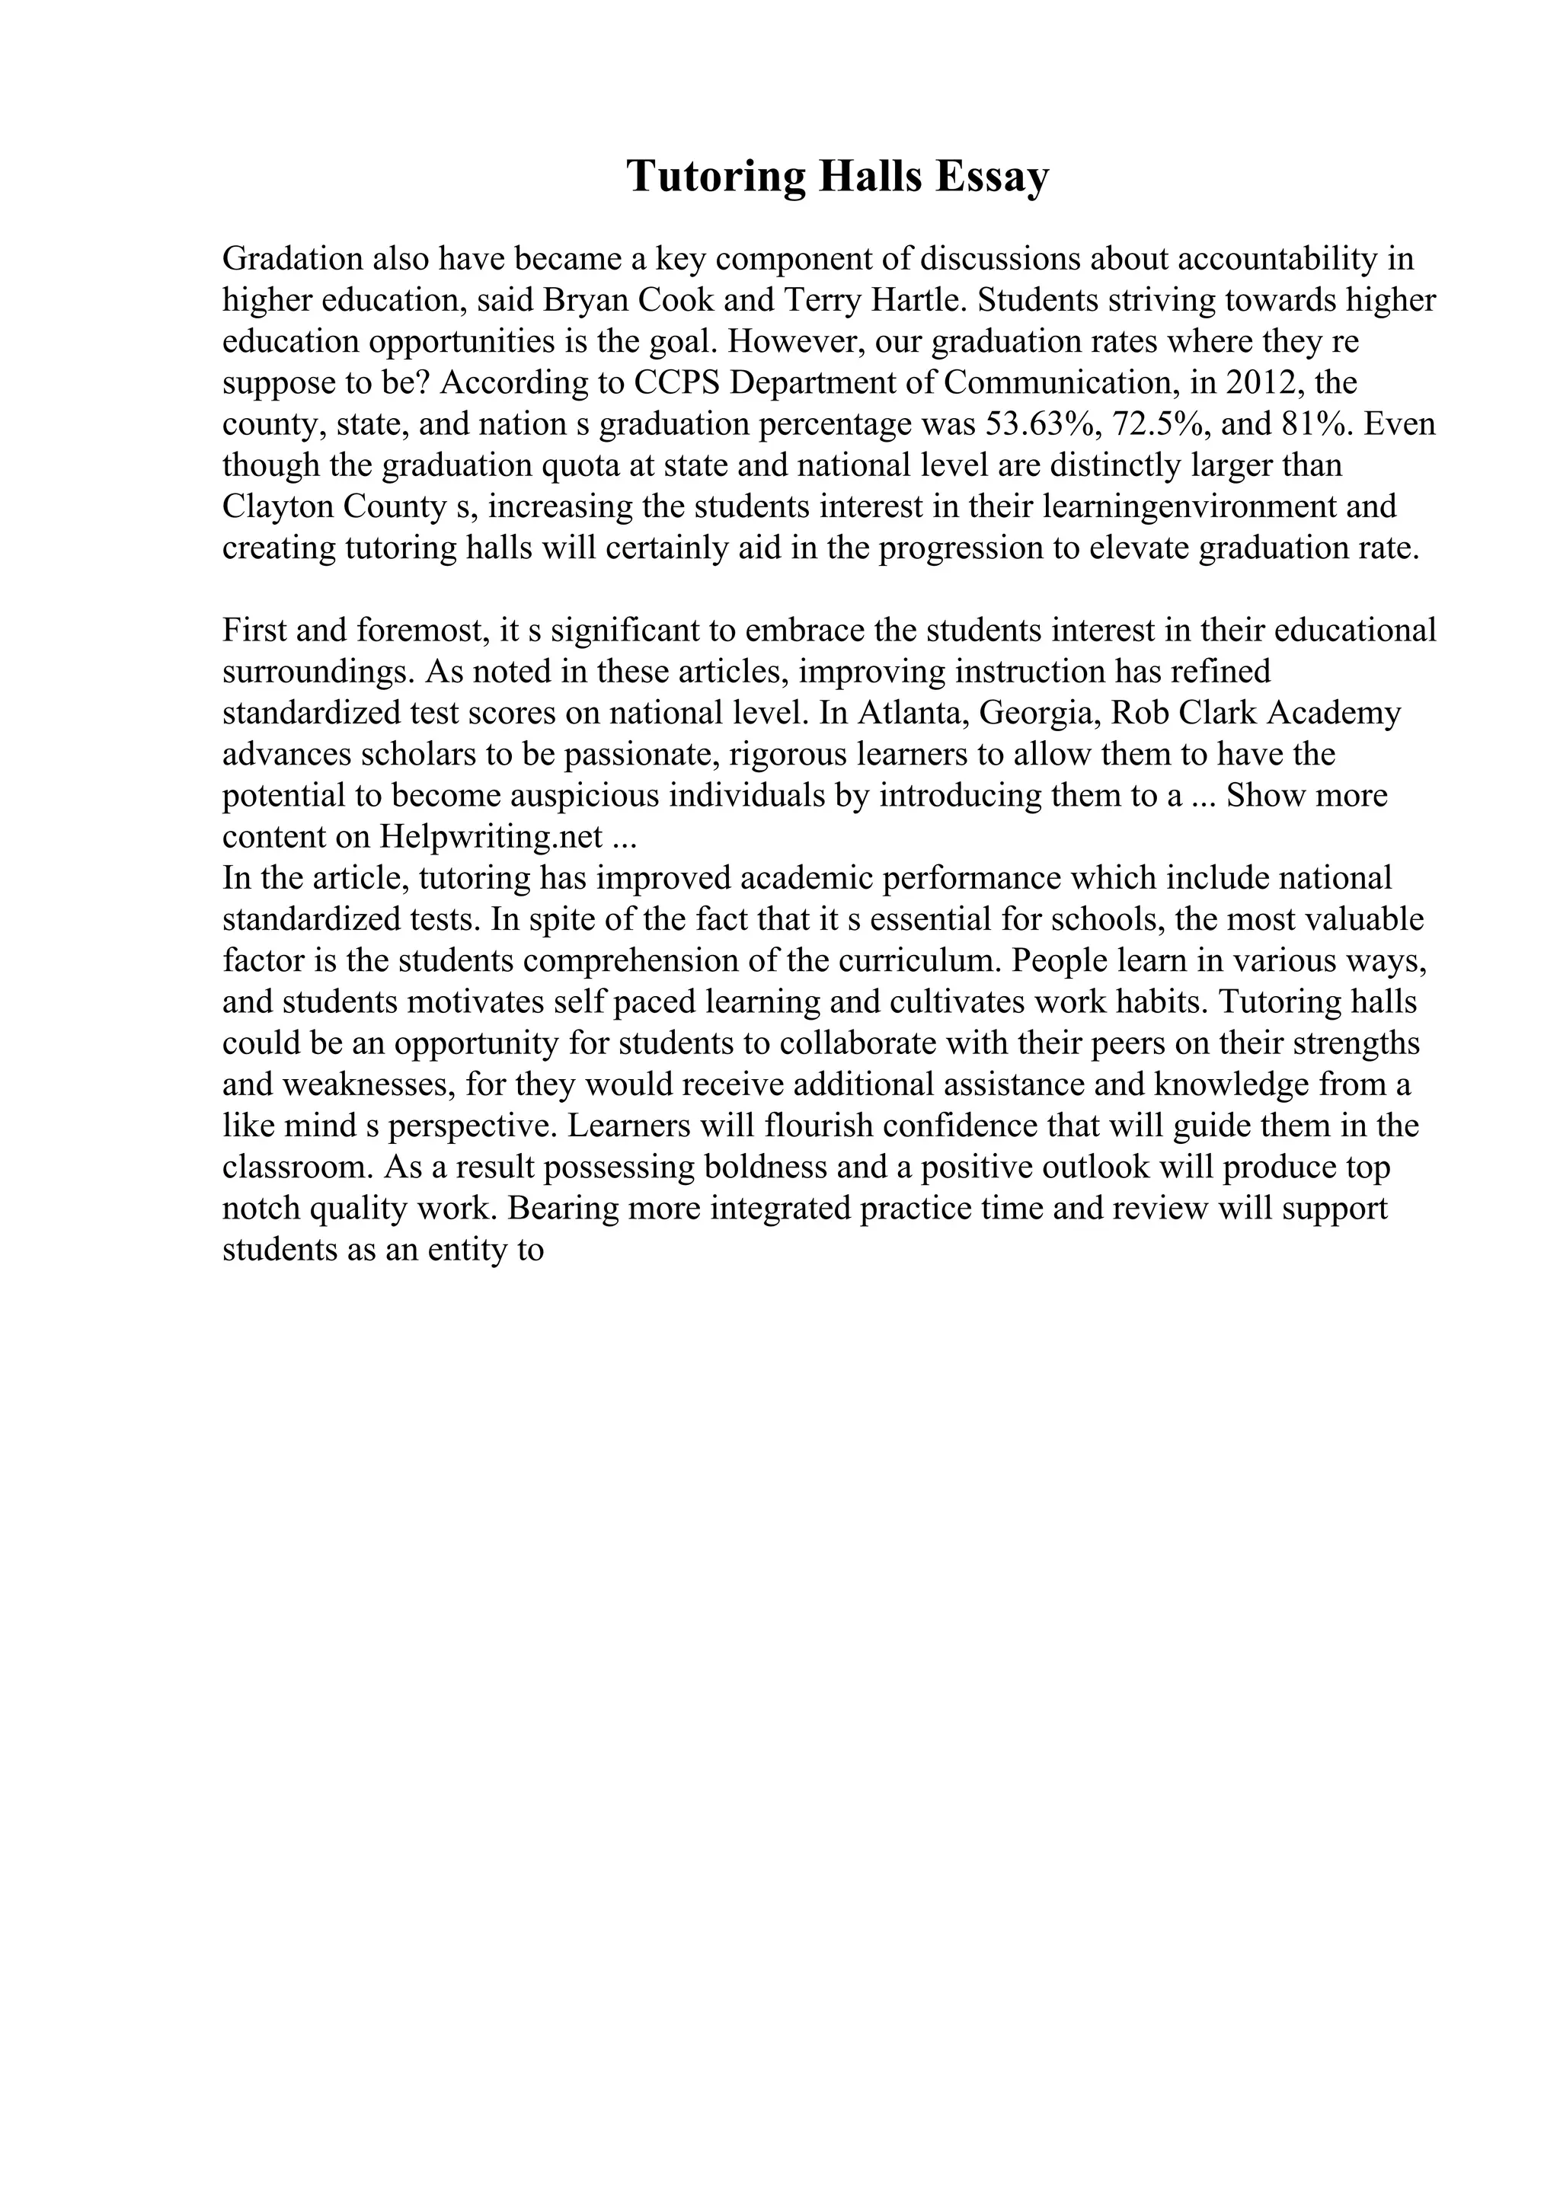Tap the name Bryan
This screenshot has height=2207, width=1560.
click(x=580, y=300)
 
